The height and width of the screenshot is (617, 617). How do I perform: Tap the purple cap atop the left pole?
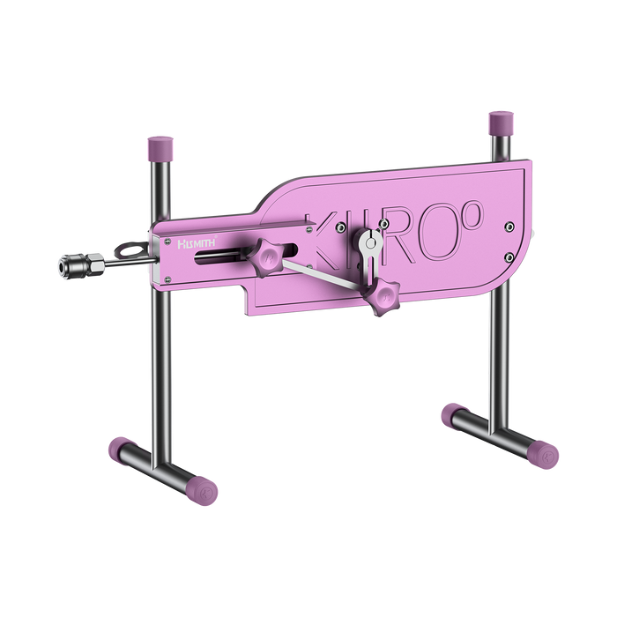(x=161, y=143)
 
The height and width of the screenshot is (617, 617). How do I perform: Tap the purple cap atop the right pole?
(x=499, y=121)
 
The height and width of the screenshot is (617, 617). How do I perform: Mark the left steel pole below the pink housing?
(x=162, y=370)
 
